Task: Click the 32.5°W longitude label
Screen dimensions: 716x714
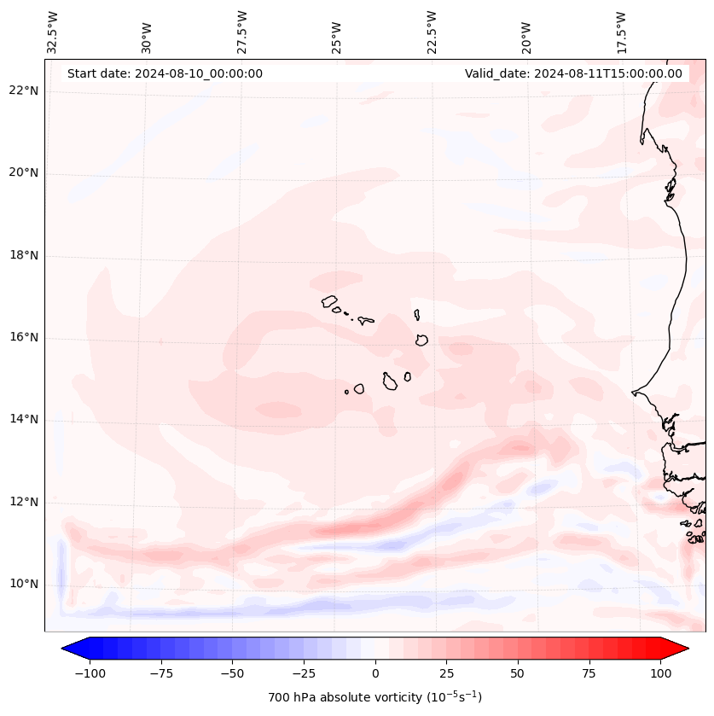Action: click(53, 32)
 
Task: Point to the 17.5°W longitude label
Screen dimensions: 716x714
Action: click(621, 32)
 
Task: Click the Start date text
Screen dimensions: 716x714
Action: click(165, 73)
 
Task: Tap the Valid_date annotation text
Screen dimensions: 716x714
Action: click(573, 73)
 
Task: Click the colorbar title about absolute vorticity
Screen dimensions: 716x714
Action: click(374, 697)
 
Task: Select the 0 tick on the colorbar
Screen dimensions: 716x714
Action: click(375, 673)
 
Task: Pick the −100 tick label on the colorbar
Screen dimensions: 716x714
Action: click(90, 673)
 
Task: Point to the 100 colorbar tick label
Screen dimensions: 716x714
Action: click(661, 673)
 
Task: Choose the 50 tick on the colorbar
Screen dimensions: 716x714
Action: click(518, 673)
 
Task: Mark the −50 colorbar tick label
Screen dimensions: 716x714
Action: click(232, 673)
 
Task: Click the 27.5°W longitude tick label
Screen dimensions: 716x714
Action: click(242, 32)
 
